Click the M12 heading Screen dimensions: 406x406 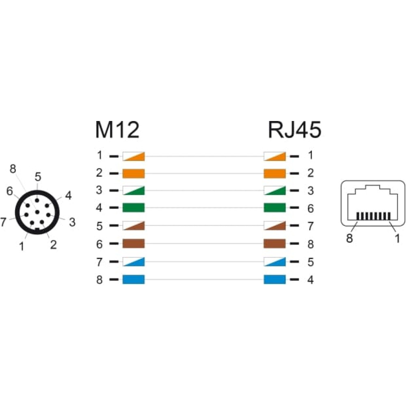(x=117, y=130)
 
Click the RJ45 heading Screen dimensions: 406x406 (x=295, y=130)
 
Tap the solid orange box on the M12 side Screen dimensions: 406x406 (x=133, y=173)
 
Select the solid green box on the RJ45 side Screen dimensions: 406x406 (x=275, y=207)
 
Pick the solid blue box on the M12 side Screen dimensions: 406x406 (x=133, y=279)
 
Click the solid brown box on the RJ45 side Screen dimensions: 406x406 (x=275, y=244)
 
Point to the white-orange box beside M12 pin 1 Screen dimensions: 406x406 (x=133, y=156)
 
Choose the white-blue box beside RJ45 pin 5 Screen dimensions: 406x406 (x=275, y=262)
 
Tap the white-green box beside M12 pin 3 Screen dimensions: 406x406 (x=133, y=190)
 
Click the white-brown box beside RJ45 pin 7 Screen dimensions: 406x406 (x=275, y=225)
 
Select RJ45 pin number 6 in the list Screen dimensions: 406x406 (x=311, y=208)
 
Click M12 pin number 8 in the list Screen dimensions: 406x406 (x=99, y=280)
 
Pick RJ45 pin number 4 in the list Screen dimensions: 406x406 (x=311, y=280)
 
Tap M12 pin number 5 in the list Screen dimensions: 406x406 (x=99, y=226)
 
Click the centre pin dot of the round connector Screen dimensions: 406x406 (x=37, y=212)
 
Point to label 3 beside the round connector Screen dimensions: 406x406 (x=72, y=222)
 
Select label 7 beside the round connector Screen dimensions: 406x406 (x=3, y=222)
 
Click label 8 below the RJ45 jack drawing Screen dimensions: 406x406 (x=349, y=238)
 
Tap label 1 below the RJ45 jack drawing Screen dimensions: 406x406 (x=397, y=238)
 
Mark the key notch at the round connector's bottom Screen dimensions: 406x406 (x=37, y=229)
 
